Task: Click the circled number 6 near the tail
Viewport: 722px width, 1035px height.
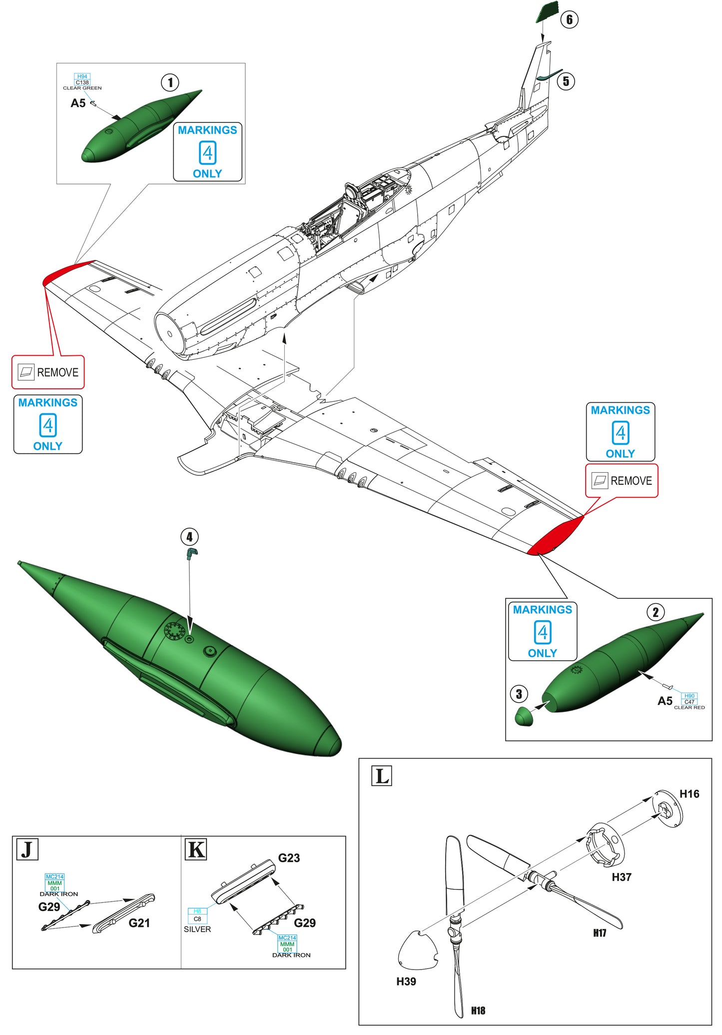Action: click(x=569, y=20)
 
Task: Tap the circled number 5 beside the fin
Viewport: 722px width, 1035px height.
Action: click(x=566, y=81)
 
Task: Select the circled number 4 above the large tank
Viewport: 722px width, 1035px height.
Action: click(x=189, y=537)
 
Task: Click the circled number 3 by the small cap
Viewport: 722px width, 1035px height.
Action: click(x=519, y=694)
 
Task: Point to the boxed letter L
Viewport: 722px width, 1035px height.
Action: click(x=382, y=776)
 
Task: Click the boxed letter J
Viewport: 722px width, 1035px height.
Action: click(x=27, y=850)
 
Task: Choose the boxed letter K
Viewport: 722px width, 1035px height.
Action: click(x=196, y=850)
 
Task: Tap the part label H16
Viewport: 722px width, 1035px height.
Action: click(x=689, y=794)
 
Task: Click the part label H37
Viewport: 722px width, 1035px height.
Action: click(x=621, y=877)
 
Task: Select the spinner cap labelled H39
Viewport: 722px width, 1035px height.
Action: click(x=417, y=950)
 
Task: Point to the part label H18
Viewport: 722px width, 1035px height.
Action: click(x=478, y=1011)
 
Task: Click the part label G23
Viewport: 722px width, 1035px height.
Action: click(x=289, y=858)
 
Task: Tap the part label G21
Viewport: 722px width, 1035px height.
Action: click(x=139, y=923)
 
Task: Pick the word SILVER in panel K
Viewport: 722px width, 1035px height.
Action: click(x=197, y=929)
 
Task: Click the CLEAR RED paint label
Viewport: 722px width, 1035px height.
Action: click(x=689, y=708)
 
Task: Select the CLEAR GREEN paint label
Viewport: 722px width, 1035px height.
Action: click(x=82, y=88)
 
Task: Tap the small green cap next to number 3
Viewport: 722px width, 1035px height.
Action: click(x=524, y=717)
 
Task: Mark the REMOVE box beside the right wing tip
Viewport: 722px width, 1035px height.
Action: click(x=622, y=481)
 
